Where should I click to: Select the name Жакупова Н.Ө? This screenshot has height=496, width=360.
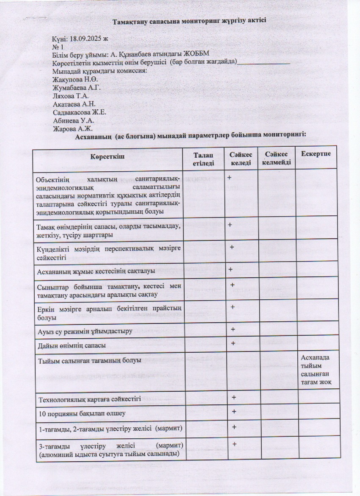click(x=75, y=79)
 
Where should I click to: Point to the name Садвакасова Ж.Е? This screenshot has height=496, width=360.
click(x=79, y=112)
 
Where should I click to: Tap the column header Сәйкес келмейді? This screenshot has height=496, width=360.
click(x=276, y=158)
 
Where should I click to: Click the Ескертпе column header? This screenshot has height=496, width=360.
click(x=316, y=153)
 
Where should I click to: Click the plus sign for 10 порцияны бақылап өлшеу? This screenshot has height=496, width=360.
click(x=234, y=412)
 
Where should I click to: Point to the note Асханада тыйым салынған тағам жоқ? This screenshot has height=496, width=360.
click(x=316, y=370)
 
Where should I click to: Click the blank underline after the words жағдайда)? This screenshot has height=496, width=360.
click(x=263, y=63)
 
